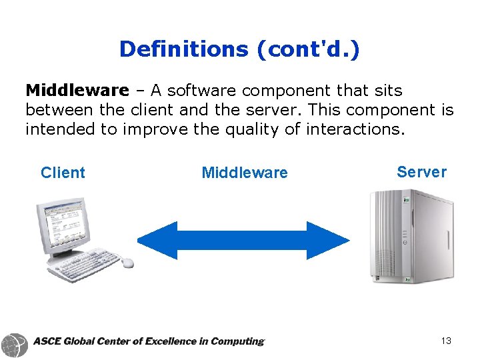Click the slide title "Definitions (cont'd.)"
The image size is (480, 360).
pos(239,49)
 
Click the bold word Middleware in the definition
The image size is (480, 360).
pos(77,90)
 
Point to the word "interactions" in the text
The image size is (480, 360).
pos(353,129)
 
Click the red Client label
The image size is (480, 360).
pos(63,173)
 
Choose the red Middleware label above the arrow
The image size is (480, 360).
pos(245,173)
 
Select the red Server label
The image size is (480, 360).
pos(421,172)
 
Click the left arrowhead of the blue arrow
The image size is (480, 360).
pos(156,240)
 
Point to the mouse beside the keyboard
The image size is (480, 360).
pos(127,263)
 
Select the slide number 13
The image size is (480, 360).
pos(446,341)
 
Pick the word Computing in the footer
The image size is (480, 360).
pos(237,341)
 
